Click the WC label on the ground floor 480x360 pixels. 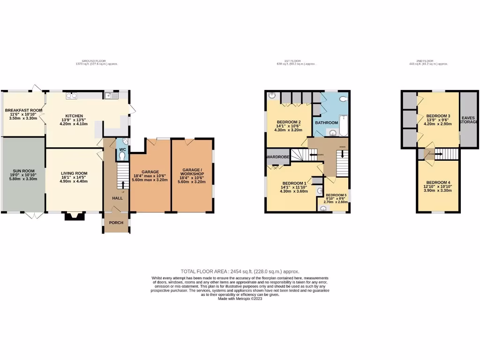click(122, 150)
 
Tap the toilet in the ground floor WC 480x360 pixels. click(122, 143)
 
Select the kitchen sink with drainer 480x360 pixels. click(111, 96)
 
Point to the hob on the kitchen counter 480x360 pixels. click(72, 96)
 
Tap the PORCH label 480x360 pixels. click(116, 223)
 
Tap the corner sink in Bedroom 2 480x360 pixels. click(272, 96)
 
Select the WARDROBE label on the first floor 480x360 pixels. click(277, 157)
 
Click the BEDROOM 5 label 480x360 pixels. click(336, 195)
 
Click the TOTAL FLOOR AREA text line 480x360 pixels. click(240, 271)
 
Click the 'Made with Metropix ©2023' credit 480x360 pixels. click(240, 299)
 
